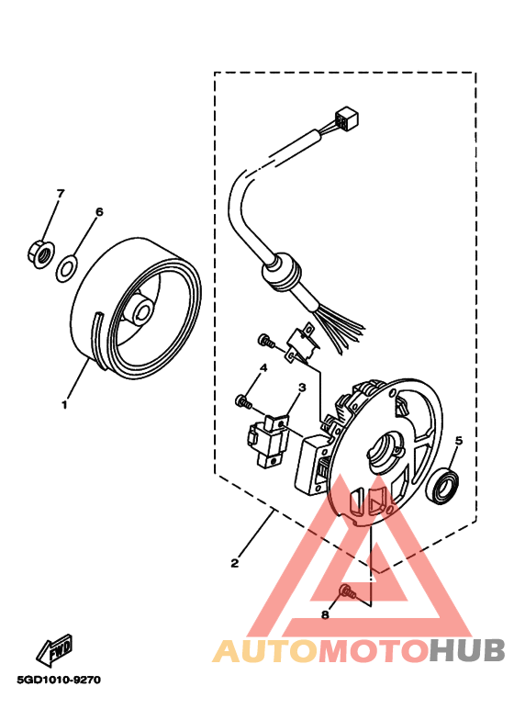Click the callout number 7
click(x=61, y=194)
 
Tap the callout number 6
click(x=98, y=211)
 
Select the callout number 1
click(x=64, y=403)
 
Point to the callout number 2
click(x=235, y=563)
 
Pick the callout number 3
click(x=299, y=387)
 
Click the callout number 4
click(x=262, y=367)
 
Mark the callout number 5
click(x=458, y=441)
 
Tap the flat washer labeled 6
click(x=67, y=270)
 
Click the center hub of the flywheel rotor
click(x=140, y=310)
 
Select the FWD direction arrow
click(x=54, y=648)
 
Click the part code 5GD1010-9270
click(x=58, y=681)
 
